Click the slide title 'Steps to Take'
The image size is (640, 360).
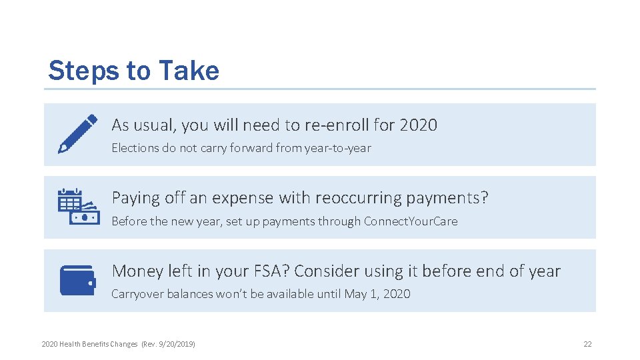[x=133, y=71]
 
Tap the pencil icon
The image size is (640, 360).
[x=77, y=133]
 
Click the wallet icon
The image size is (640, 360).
[x=78, y=280]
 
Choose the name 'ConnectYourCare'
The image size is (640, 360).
[x=411, y=221]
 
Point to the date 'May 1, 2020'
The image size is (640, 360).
[x=377, y=294]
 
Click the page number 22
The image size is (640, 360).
[x=587, y=344]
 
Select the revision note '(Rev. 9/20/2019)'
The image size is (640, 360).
[x=167, y=344]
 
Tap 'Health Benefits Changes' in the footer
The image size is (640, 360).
[x=98, y=344]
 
